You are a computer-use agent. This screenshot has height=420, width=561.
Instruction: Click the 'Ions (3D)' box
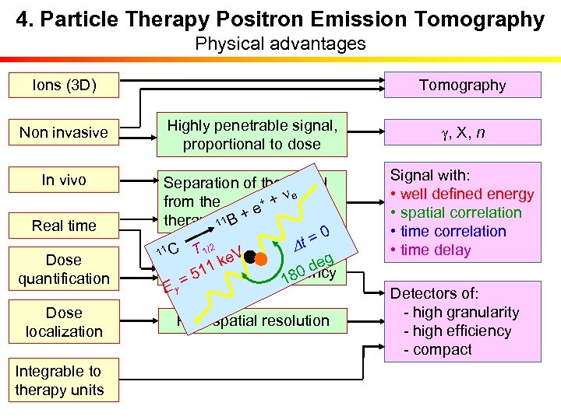point(64,85)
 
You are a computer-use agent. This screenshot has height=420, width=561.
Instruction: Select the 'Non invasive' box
point(64,132)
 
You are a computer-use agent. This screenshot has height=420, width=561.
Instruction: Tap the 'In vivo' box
point(64,180)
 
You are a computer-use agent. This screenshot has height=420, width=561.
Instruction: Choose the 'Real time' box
point(64,226)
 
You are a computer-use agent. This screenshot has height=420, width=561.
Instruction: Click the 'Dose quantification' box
point(64,269)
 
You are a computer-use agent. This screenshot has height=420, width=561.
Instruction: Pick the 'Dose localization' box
point(64,322)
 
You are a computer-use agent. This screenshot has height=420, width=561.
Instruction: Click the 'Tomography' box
point(462,85)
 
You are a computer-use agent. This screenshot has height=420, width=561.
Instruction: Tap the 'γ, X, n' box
point(462,132)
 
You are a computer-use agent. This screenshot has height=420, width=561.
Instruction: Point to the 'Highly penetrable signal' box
point(251,134)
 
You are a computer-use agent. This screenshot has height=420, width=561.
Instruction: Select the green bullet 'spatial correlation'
point(460,212)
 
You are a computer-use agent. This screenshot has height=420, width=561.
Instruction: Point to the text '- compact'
point(437,349)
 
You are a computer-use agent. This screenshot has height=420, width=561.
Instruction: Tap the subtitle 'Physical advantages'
point(280,44)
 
